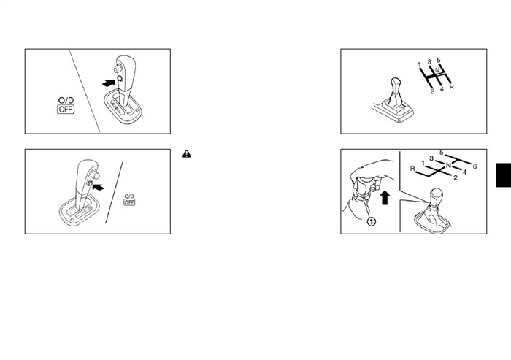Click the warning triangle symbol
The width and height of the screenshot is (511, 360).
pyautogui.click(x=187, y=154)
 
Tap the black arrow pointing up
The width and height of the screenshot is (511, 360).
pyautogui.click(x=385, y=198)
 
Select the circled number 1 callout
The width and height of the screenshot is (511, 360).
pyautogui.click(x=372, y=222)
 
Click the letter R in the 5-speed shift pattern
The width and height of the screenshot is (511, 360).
pyautogui.click(x=451, y=87)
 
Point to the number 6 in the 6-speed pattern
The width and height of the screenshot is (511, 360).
pyautogui.click(x=474, y=166)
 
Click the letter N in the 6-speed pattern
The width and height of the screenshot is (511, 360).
pyautogui.click(x=448, y=165)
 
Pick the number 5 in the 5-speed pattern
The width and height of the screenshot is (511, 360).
pyautogui.click(x=439, y=60)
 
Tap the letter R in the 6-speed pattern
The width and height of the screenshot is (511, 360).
pyautogui.click(x=412, y=169)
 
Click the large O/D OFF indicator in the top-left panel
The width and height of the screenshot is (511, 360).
pyautogui.click(x=66, y=105)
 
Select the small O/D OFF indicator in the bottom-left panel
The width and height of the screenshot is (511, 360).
pyautogui.click(x=129, y=200)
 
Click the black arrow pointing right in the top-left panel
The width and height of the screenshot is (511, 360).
pyautogui.click(x=109, y=83)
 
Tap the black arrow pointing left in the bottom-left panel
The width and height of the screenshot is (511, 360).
pyautogui.click(x=99, y=187)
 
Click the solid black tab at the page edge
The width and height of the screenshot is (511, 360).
pyautogui.click(x=504, y=175)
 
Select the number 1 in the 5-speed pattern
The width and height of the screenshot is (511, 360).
pyautogui.click(x=420, y=64)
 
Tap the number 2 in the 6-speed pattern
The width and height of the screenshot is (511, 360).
pyautogui.click(x=456, y=177)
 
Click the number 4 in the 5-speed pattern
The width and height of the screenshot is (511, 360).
pyautogui.click(x=442, y=88)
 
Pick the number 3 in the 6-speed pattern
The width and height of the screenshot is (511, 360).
pyautogui.click(x=431, y=158)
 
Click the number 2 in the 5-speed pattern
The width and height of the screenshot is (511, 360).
pyautogui.click(x=432, y=91)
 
